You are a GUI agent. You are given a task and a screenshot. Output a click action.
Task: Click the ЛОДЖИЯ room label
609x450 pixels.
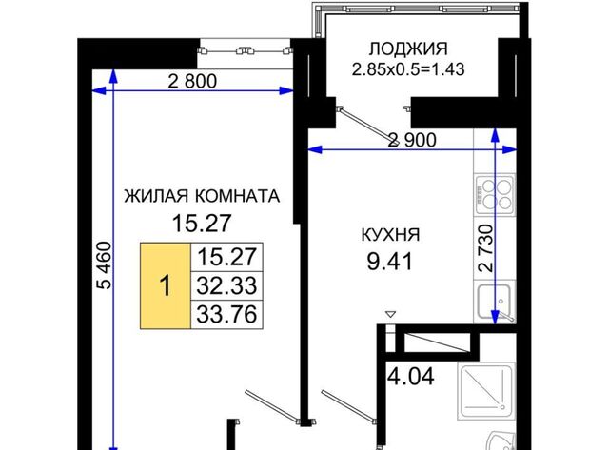408,49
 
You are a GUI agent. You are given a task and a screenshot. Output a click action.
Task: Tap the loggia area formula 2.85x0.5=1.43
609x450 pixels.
408,69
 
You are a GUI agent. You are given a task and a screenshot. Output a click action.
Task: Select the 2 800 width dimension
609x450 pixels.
192,81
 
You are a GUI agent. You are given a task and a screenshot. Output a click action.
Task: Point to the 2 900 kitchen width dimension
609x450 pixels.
412,140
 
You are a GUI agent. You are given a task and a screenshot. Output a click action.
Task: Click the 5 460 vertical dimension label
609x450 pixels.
104,265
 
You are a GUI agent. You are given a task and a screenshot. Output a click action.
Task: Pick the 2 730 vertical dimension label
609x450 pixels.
486,247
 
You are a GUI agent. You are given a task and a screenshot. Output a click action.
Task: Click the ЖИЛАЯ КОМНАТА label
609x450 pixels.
202,196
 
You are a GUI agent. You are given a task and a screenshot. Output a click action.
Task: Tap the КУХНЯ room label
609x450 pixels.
390,235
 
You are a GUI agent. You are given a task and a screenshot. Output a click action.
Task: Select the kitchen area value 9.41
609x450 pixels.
389,262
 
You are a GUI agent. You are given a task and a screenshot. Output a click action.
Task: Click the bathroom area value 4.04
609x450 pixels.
411,376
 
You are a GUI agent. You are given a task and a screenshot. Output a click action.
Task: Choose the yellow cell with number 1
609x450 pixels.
166,285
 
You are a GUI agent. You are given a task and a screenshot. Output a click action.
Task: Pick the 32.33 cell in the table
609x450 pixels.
226,285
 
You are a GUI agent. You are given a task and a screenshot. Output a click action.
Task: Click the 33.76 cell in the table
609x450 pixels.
226,315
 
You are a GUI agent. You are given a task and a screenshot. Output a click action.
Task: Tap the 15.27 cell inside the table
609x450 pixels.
226,257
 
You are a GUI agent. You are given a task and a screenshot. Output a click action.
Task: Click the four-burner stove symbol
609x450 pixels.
495,194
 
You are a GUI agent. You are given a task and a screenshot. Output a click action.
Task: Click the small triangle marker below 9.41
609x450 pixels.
390,314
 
